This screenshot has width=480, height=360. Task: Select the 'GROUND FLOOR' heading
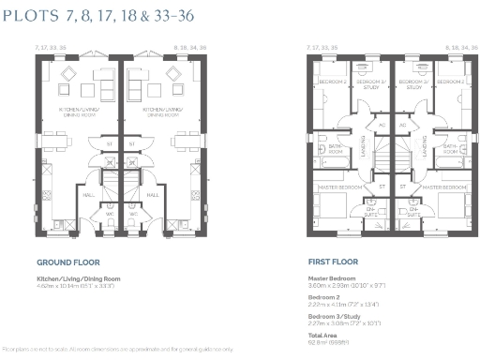[x=67, y=263]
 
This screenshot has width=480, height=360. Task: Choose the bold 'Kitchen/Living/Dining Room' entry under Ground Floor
[x=79, y=278]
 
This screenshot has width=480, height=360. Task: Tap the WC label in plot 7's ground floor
[x=110, y=213]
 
